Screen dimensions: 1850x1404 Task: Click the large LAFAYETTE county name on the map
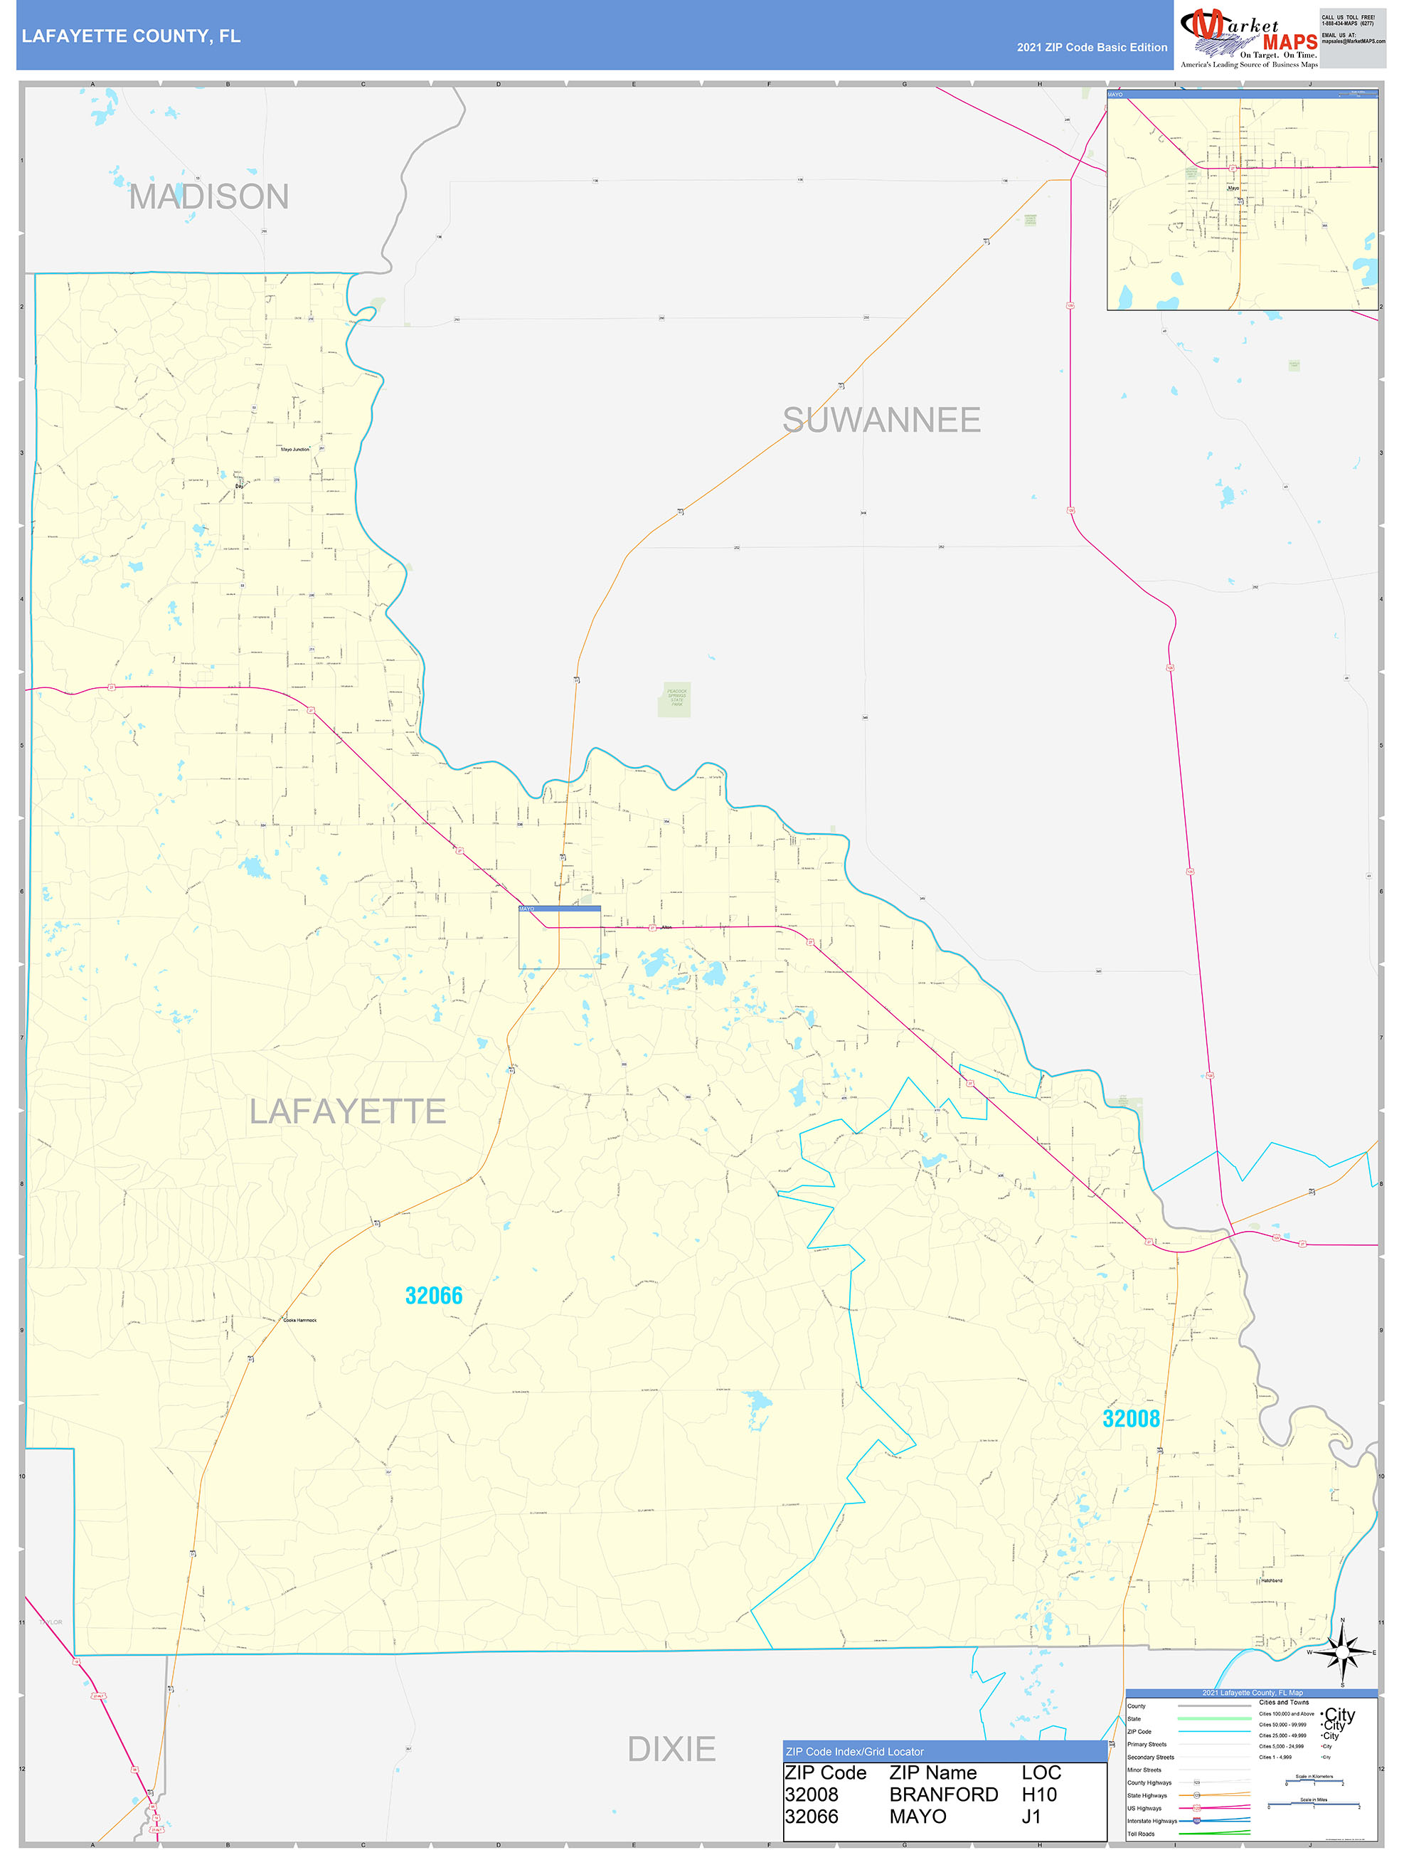(348, 1111)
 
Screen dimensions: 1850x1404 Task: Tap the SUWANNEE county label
(881, 420)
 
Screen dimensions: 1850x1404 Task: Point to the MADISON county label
(209, 197)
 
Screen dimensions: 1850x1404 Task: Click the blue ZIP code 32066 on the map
(433, 1296)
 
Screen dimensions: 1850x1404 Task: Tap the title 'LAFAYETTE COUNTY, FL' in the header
(132, 36)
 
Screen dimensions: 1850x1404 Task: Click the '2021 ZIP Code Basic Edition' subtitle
(1091, 48)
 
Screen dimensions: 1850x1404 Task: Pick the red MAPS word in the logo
(1289, 42)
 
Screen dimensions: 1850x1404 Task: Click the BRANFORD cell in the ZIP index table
(943, 1794)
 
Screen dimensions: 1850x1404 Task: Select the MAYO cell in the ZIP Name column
(918, 1816)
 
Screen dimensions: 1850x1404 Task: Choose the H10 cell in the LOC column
(1038, 1794)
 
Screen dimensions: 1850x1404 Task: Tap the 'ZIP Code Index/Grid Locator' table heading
(855, 1751)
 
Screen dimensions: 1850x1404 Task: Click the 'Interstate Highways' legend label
(1152, 1821)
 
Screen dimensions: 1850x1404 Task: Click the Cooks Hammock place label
(300, 1320)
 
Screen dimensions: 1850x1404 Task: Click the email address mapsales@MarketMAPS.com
(1353, 41)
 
